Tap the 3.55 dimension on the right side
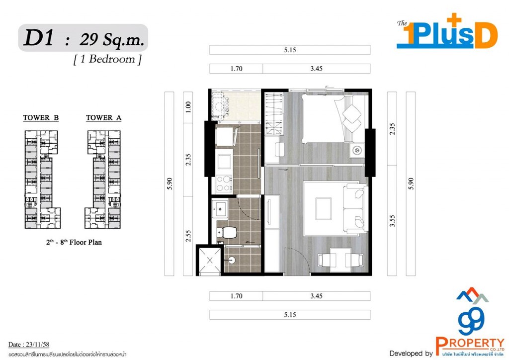392,220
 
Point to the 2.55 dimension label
188,236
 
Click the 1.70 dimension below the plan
236,296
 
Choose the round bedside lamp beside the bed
356,149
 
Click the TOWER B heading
41,118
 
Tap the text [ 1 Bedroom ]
107,59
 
